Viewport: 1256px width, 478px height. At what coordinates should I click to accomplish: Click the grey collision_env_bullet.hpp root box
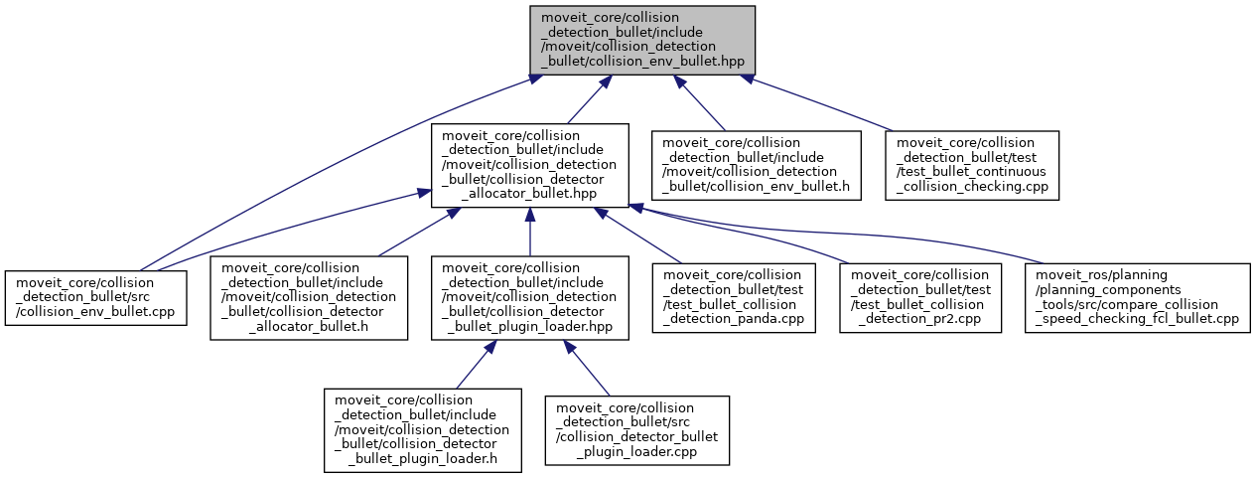(x=642, y=39)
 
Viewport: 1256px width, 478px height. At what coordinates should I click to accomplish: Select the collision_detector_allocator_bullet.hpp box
(x=529, y=165)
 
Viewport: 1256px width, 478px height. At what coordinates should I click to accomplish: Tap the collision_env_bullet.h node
(x=756, y=165)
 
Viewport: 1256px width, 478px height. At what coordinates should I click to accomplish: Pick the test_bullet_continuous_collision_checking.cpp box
(x=973, y=165)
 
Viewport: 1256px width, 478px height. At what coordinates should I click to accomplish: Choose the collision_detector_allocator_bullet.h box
(x=309, y=298)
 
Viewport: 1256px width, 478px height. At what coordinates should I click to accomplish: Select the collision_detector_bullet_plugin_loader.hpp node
(x=529, y=298)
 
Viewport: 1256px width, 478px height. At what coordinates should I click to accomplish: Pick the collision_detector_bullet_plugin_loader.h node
(x=423, y=429)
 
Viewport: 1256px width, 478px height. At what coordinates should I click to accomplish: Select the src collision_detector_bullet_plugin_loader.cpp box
(x=636, y=429)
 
